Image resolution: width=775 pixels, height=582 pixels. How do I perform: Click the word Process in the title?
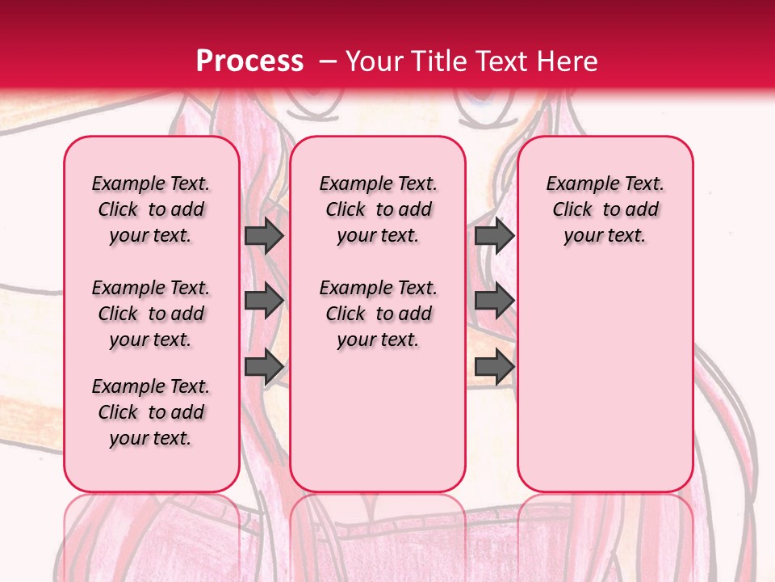pos(249,61)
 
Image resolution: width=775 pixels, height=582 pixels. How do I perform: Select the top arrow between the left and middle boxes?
pos(264,236)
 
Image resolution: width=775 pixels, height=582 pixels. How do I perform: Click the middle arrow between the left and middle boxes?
pos(264,301)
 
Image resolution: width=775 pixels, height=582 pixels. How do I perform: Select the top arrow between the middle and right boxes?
pos(494,236)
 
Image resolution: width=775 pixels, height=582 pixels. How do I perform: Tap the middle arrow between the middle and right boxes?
pos(494,301)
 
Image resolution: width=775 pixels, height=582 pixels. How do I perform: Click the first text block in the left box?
pos(151,209)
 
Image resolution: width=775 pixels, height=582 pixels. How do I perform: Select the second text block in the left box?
pos(151,314)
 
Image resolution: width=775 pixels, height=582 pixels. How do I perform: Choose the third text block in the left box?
pos(151,412)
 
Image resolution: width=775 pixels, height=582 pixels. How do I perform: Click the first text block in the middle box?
pos(378,209)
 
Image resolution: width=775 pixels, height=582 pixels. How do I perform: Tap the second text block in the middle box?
pos(378,314)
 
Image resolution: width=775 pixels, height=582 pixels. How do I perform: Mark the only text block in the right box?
pos(605,209)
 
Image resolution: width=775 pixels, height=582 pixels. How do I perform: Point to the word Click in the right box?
pos(572,210)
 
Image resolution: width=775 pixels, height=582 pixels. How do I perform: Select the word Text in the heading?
pos(497,61)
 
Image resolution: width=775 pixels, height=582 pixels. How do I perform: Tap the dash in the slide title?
pos(328,61)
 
